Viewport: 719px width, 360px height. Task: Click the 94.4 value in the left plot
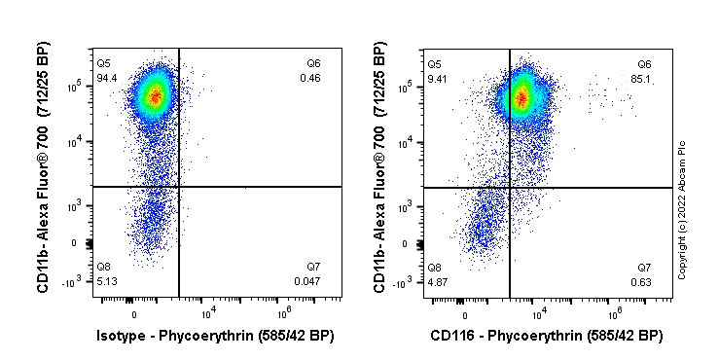point(106,78)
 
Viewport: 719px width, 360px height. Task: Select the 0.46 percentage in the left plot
point(311,78)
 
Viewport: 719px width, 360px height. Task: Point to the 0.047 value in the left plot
point(308,281)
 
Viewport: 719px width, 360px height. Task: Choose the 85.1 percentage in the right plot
point(643,78)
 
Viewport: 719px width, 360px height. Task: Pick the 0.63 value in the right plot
point(643,281)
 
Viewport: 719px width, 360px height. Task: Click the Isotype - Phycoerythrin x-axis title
point(214,336)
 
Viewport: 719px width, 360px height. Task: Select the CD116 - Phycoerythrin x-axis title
point(547,336)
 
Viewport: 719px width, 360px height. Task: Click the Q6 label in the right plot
point(644,64)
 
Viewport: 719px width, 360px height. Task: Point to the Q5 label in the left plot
point(103,64)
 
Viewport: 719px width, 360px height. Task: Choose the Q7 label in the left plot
point(313,268)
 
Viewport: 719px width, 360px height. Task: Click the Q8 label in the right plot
point(435,268)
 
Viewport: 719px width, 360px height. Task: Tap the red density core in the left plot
point(152,95)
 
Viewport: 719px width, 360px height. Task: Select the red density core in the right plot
point(521,96)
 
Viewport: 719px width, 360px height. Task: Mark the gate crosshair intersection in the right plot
point(510,187)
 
